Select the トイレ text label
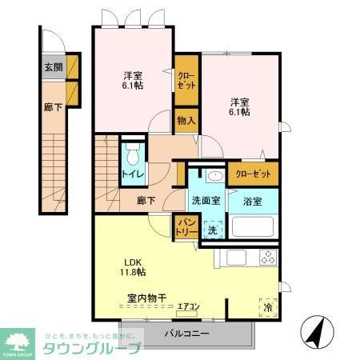coord(132,173)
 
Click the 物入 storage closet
coord(186,120)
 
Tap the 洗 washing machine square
coord(212,230)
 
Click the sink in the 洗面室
coord(215,178)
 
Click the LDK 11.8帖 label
coord(134,267)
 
